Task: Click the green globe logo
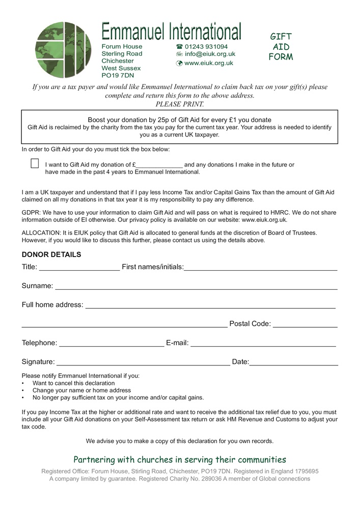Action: point(63,49)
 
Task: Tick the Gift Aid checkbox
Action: point(35,163)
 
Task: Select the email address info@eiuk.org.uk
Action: point(210,54)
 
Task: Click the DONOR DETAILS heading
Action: point(51,254)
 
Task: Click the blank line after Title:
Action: point(79,268)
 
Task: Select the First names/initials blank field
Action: point(260,268)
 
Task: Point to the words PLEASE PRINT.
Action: point(180,104)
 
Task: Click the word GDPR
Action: point(31,212)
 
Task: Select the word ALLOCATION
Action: point(41,233)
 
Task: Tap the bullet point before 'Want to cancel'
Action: point(23,383)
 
